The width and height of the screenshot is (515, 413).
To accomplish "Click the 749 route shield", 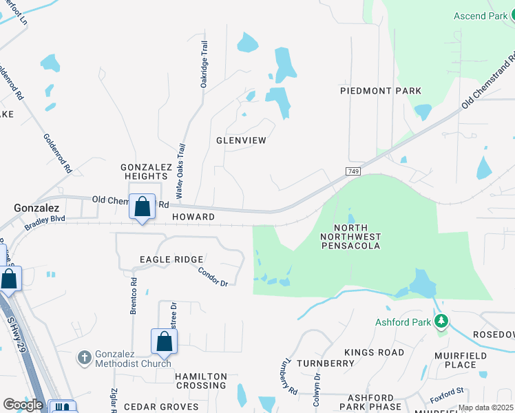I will (353, 170).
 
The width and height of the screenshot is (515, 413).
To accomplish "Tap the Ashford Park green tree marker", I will (441, 321).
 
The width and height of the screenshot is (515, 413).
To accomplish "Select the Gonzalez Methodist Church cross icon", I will (84, 357).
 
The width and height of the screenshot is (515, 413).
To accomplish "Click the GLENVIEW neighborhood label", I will (241, 140).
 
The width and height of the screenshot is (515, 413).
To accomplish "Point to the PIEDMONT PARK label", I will (381, 91).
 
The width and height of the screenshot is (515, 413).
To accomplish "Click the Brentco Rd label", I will (134, 296).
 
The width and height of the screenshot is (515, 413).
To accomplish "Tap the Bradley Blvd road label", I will (44, 222).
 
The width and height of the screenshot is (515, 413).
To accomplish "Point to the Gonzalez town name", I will (36, 207).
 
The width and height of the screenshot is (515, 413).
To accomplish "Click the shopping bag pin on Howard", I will (142, 206).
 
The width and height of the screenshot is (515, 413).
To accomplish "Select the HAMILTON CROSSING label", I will (200, 381).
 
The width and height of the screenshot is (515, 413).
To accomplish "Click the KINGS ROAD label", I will (375, 352).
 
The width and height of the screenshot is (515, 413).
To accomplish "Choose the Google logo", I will (23, 405).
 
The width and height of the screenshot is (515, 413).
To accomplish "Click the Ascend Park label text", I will (480, 16).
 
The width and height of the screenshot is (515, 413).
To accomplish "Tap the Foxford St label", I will (448, 392).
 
